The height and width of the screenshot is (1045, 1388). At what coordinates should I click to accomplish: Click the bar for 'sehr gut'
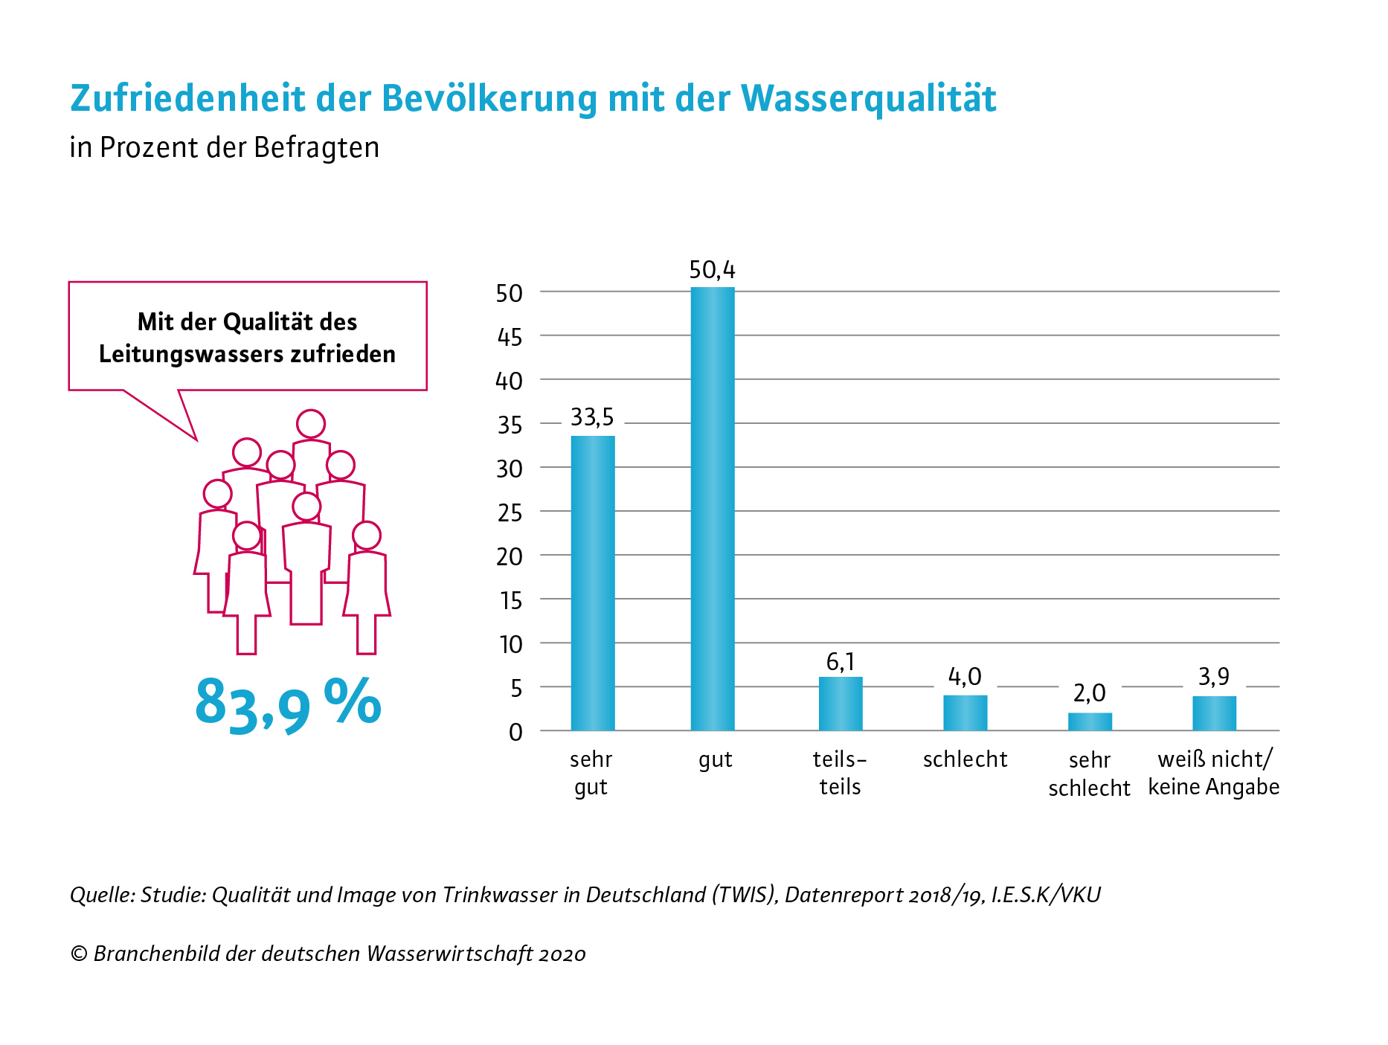coord(593,583)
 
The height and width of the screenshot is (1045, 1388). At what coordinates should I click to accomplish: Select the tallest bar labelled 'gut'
coord(713,509)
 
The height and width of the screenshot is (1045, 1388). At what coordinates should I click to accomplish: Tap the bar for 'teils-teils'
coord(841,704)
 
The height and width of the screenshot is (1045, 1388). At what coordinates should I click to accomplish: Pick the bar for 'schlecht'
coord(966,713)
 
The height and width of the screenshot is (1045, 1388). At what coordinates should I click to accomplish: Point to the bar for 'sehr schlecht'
coord(1090,721)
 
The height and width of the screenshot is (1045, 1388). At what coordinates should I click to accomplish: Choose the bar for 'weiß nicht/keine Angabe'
coord(1214,713)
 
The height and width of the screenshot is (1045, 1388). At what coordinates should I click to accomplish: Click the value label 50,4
coord(712,270)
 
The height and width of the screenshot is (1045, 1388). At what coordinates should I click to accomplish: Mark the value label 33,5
coord(592,417)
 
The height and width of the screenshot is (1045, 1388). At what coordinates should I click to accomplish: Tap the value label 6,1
coord(841,661)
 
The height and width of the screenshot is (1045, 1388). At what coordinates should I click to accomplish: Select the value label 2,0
coord(1089,693)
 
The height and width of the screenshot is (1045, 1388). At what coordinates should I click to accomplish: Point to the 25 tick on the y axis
coord(510,512)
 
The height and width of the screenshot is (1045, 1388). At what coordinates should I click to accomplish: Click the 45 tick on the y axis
coord(510,337)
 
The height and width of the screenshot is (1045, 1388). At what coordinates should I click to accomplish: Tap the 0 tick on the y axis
coord(515,732)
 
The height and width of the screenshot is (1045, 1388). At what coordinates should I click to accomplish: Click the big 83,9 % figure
coord(288,704)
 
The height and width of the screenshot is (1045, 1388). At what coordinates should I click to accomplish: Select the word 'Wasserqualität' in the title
coord(868,98)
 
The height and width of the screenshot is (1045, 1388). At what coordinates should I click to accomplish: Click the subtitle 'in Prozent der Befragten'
coord(225,147)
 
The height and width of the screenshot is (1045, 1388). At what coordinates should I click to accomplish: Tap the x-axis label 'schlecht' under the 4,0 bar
coord(965,759)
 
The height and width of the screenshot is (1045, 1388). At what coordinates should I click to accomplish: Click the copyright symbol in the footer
coord(78,954)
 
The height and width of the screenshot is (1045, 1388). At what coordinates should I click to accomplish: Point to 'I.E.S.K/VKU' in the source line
coord(1046,894)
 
